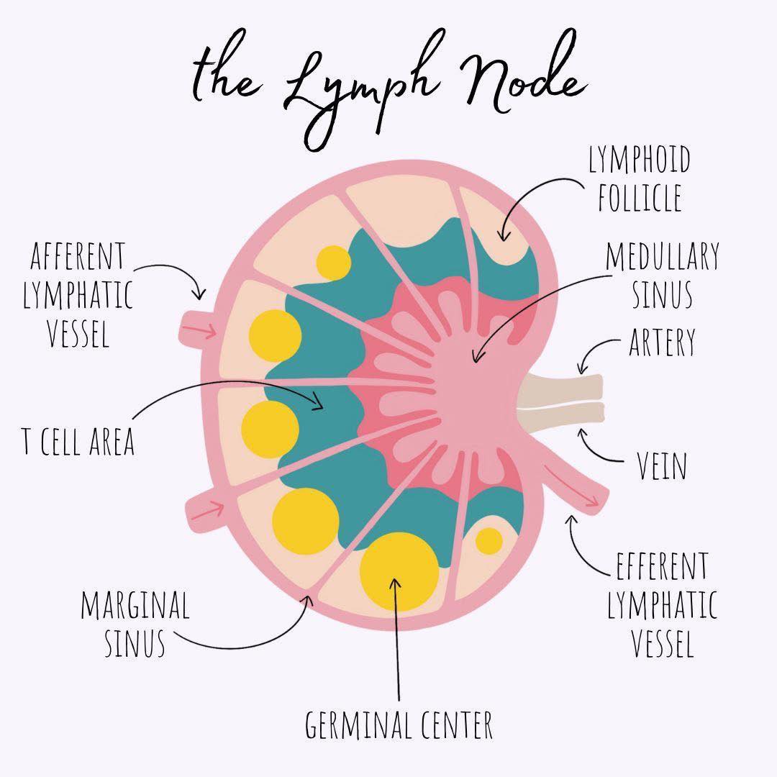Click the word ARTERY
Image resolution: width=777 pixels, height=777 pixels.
click(662, 342)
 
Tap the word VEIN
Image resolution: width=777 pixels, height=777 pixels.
click(662, 465)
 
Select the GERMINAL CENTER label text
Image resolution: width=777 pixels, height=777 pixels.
click(399, 725)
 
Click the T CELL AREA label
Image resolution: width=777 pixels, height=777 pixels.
click(78, 441)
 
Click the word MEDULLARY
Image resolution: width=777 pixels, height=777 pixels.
click(663, 257)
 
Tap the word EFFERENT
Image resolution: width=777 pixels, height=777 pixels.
click(662, 565)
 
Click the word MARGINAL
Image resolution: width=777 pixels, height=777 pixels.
click(135, 604)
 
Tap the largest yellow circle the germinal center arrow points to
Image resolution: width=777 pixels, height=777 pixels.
click(399, 571)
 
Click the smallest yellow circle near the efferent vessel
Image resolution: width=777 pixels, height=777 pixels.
click(489, 540)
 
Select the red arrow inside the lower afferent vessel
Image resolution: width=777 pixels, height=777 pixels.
click(207, 510)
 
